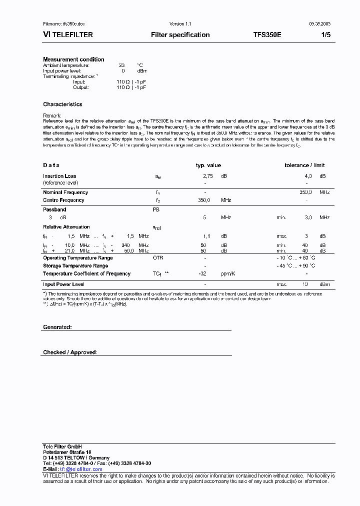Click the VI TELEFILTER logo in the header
68,35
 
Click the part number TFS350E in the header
267,35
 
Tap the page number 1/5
325,35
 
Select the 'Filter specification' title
180,35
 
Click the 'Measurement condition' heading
73,59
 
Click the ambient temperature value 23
121,65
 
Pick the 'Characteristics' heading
62,104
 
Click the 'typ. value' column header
208,165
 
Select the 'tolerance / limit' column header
304,165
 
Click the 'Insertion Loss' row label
59,176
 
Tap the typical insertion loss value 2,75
208,176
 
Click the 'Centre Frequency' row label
63,200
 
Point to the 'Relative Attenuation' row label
66,227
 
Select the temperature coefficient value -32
202,274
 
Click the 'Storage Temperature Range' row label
75,266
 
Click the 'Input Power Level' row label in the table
63,284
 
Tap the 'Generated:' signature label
57,327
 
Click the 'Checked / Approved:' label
70,352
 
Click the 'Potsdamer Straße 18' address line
67,452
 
